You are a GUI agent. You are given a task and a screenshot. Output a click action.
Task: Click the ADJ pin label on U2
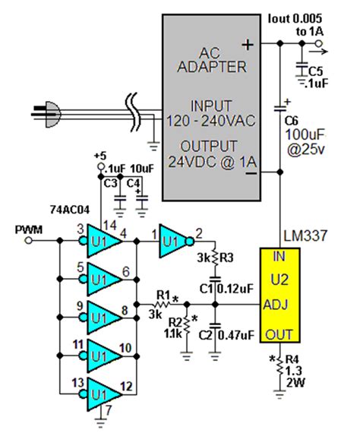pos(277,306)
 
